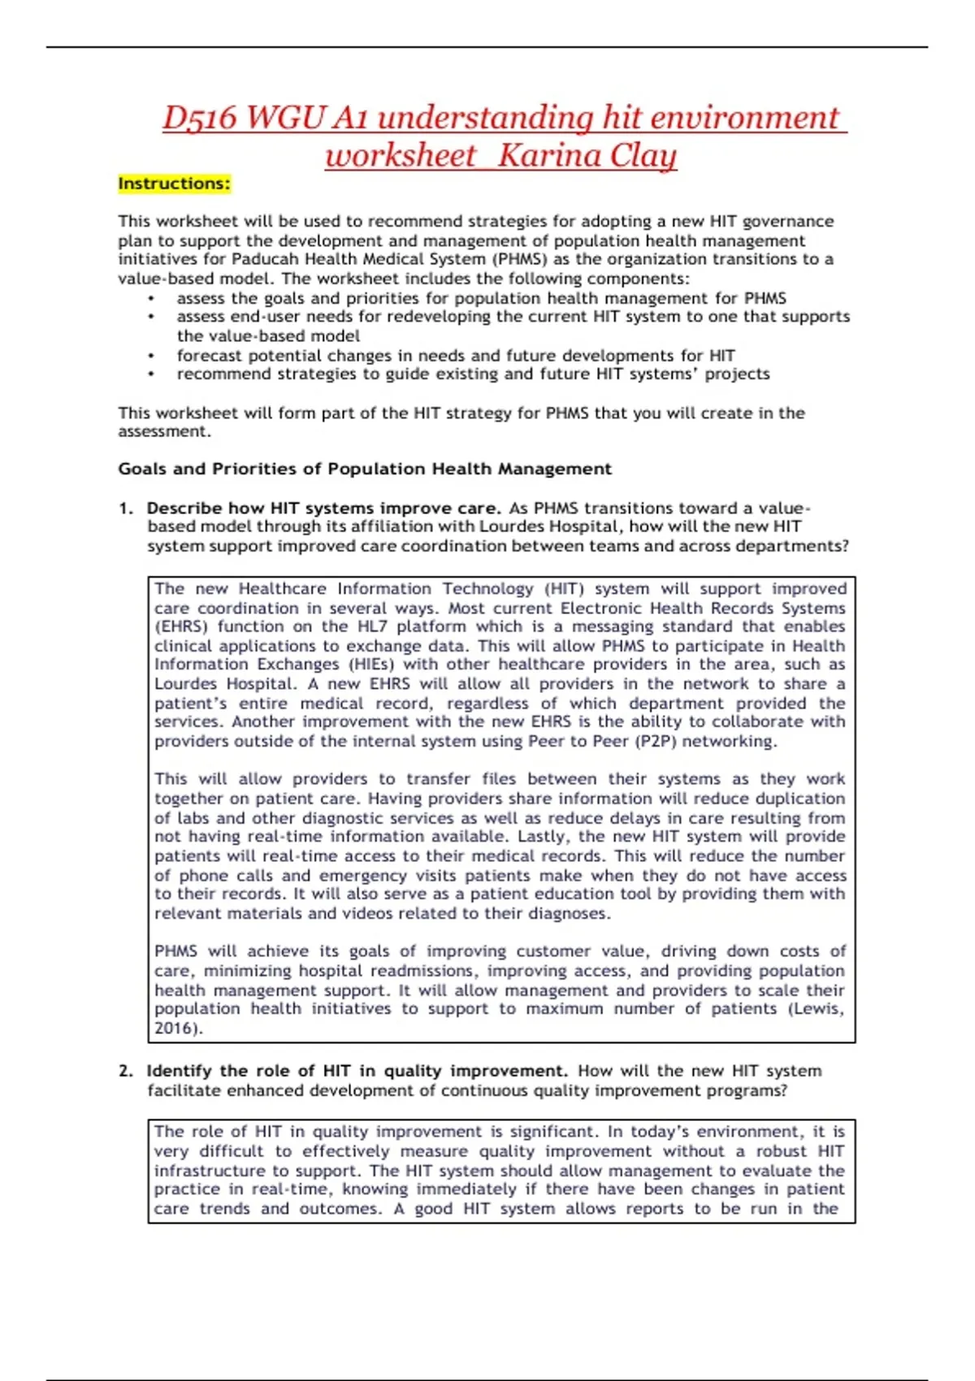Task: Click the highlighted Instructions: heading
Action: click(x=174, y=184)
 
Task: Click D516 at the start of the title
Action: click(x=199, y=117)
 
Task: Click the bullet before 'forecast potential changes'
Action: click(x=151, y=356)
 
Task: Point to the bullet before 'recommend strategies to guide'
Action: click(x=151, y=374)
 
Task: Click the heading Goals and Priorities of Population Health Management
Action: click(x=365, y=469)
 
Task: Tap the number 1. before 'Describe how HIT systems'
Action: click(x=126, y=509)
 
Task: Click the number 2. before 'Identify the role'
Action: click(x=126, y=1071)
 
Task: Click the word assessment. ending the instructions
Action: click(x=164, y=431)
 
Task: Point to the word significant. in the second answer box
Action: click(x=554, y=1132)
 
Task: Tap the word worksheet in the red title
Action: click(x=401, y=154)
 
